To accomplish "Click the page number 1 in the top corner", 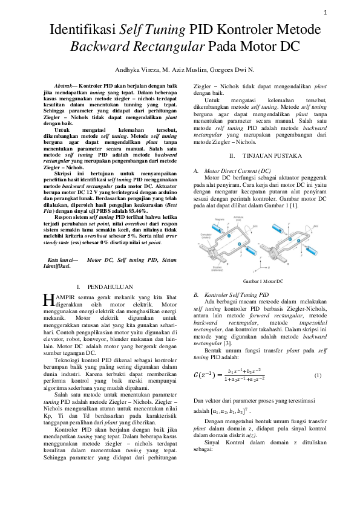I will coord(325,13).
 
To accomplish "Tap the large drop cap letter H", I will coord(48,300).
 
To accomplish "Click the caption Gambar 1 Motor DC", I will coord(263,282).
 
